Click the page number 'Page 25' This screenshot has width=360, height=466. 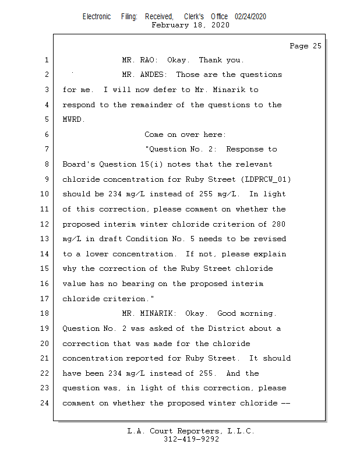(305, 46)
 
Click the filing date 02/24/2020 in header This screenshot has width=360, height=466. (250, 17)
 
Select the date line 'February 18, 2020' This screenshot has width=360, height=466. (190, 25)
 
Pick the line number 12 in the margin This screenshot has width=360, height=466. (45, 224)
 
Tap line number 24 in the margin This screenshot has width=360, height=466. (45, 403)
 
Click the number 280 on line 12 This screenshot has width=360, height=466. (278, 224)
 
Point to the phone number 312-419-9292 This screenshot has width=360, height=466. (191, 439)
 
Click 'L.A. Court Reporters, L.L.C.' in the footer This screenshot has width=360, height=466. (191, 431)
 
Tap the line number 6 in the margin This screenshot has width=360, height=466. (47, 135)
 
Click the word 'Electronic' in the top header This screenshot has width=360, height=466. (97, 17)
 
